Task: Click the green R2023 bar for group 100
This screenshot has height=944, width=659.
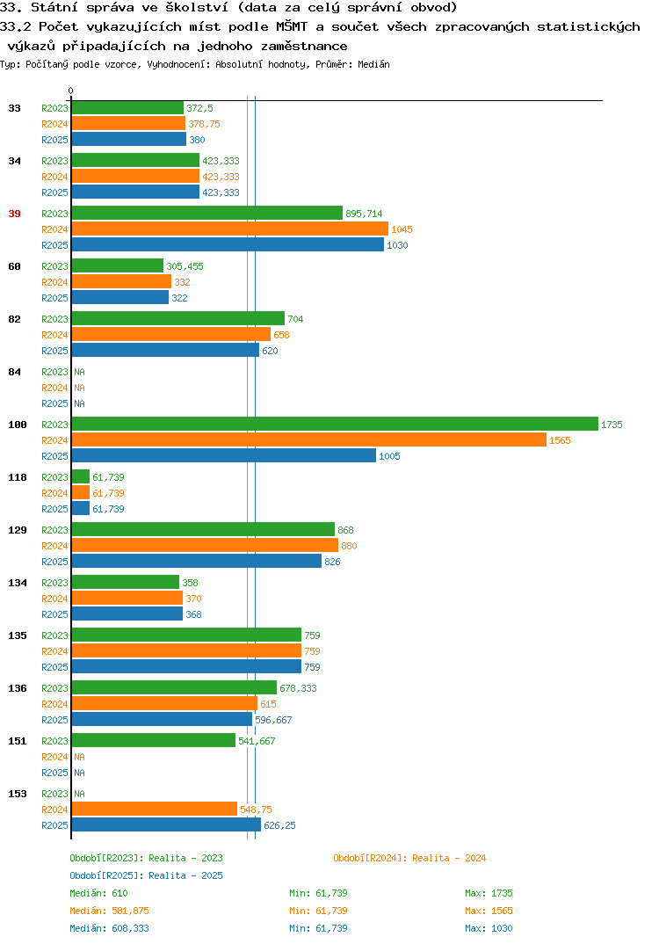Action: tap(336, 424)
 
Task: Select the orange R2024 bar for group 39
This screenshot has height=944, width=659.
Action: tap(230, 229)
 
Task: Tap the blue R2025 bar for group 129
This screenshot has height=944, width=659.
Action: tap(197, 561)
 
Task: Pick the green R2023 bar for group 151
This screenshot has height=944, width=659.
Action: tap(154, 740)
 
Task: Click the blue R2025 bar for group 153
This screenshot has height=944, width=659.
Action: tap(166, 824)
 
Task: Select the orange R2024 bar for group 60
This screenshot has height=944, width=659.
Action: tap(121, 282)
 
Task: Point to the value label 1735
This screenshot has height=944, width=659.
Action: tap(612, 425)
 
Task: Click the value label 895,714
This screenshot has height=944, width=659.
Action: tap(364, 214)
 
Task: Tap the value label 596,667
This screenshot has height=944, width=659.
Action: tap(273, 720)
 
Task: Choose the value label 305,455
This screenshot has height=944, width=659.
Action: tap(185, 266)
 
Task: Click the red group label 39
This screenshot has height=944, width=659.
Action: tap(14, 214)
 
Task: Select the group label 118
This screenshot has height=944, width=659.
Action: tap(18, 477)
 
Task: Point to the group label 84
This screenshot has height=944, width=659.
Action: tap(14, 372)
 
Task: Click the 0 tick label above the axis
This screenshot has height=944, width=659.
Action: tap(70, 91)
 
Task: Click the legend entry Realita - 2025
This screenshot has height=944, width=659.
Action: tap(185, 875)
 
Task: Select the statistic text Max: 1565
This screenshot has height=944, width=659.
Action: tap(489, 911)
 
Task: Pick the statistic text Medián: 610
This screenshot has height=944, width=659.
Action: tap(98, 893)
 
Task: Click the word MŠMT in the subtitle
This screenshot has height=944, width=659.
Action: tap(292, 26)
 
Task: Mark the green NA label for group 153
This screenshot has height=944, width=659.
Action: tap(79, 794)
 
